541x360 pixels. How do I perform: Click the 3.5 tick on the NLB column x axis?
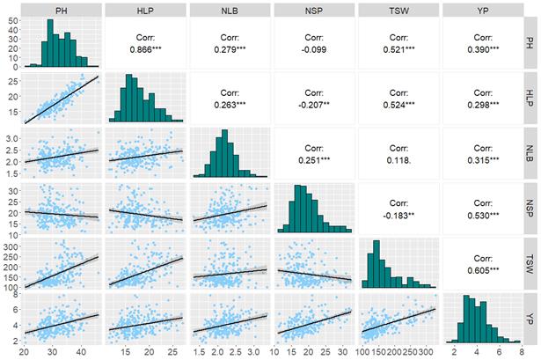pyautogui.click(x=266, y=349)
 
